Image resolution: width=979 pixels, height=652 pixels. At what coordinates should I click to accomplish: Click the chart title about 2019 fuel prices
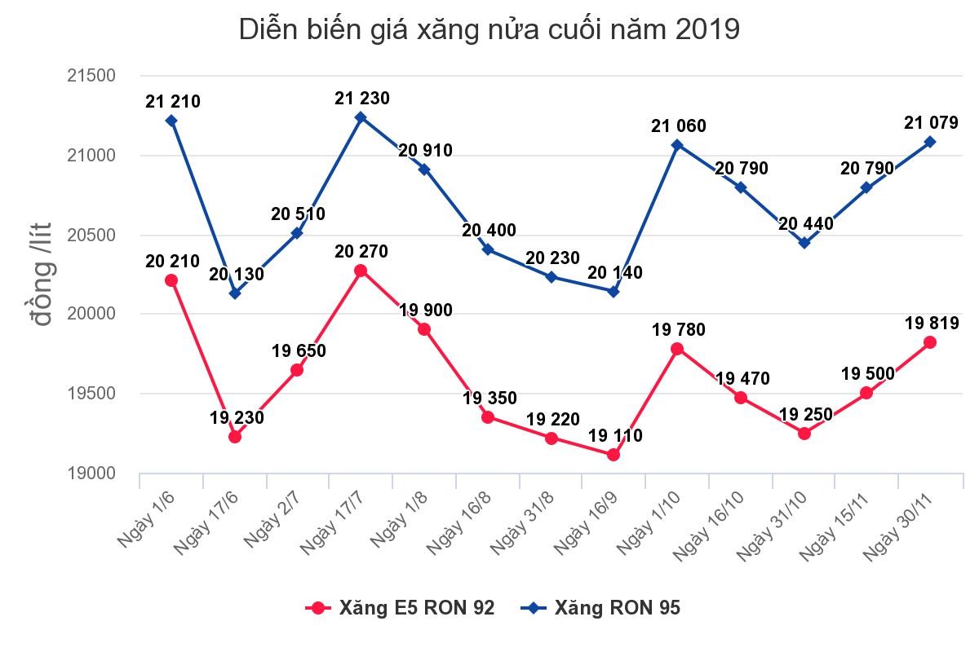pos(489,30)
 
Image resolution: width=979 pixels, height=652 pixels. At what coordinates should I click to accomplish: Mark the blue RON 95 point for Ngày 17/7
pos(361,117)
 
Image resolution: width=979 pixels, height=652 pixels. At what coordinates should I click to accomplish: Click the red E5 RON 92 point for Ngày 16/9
pos(614,455)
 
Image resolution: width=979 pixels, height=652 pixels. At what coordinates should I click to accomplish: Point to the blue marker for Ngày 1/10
pos(677,145)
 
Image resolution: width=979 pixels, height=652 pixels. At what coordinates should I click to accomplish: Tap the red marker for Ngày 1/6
pos(171,280)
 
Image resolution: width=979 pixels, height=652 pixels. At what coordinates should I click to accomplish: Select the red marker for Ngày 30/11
pos(929,342)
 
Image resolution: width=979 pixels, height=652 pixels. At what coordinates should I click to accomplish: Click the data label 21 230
pos(361,99)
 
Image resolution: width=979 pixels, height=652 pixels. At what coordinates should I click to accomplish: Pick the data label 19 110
pos(615,436)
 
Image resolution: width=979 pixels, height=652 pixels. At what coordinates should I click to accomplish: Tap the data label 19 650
pos(299,351)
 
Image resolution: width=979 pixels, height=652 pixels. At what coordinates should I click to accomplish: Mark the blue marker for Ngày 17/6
pos(235,293)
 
